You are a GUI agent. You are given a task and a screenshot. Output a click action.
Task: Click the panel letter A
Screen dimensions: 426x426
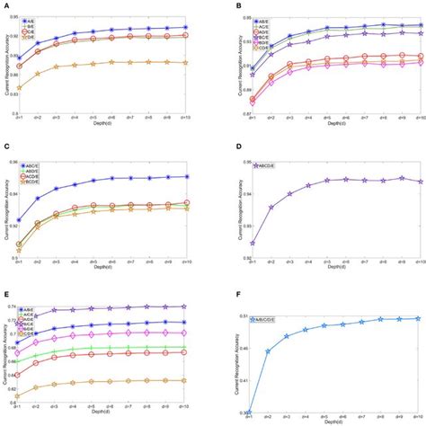pyautogui.click(x=5, y=5)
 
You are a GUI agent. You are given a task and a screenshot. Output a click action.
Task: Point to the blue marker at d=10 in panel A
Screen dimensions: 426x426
pyautogui.click(x=184, y=27)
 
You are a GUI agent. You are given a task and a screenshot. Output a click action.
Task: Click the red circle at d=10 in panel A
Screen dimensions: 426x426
pyautogui.click(x=184, y=35)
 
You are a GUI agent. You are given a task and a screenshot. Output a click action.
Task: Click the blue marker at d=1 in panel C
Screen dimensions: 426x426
pyautogui.click(x=20, y=220)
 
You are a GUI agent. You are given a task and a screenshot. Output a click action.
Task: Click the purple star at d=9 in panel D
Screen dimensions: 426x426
pyautogui.click(x=402, y=178)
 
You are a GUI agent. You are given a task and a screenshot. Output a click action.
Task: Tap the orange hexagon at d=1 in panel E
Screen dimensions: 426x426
pyautogui.click(x=20, y=395)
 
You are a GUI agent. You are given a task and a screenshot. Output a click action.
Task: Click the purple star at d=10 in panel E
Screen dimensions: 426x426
pyautogui.click(x=184, y=307)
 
